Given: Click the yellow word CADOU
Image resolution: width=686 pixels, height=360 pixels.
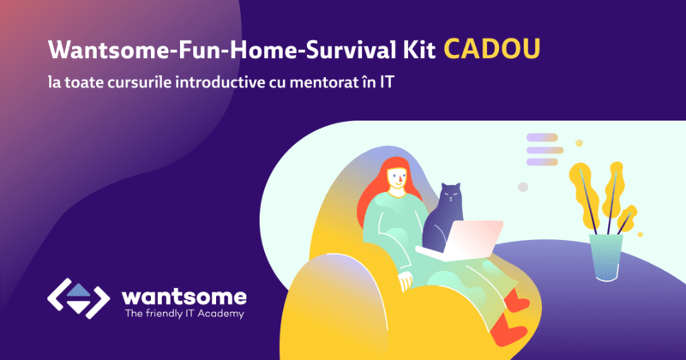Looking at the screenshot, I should (492, 50).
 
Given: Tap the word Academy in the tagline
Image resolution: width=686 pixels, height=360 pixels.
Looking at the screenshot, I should (219, 314).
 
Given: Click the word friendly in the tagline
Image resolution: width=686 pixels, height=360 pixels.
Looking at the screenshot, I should (162, 314).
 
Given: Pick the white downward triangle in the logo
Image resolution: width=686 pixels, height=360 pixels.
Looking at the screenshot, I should (77, 305).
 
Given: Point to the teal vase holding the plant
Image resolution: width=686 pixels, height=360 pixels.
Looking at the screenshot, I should (605, 252).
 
